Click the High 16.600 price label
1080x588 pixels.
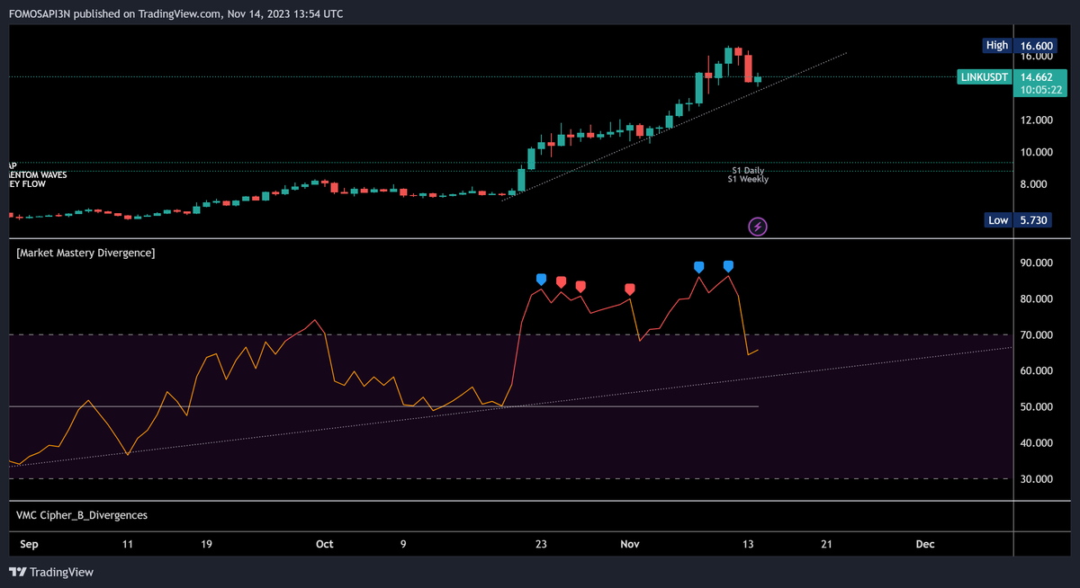point(1017,45)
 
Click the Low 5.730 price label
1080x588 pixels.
point(1017,220)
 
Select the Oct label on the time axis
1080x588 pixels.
point(325,544)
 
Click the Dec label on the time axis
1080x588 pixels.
point(924,544)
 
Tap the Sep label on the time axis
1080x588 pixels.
point(29,544)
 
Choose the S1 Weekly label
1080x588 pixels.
point(748,179)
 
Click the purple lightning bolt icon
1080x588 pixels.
point(758,227)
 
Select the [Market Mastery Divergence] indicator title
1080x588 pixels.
point(85,254)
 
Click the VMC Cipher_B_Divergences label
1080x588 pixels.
point(82,515)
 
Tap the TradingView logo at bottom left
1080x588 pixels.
point(51,573)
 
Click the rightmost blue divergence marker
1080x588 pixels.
point(728,266)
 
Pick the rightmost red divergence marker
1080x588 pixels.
point(630,289)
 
